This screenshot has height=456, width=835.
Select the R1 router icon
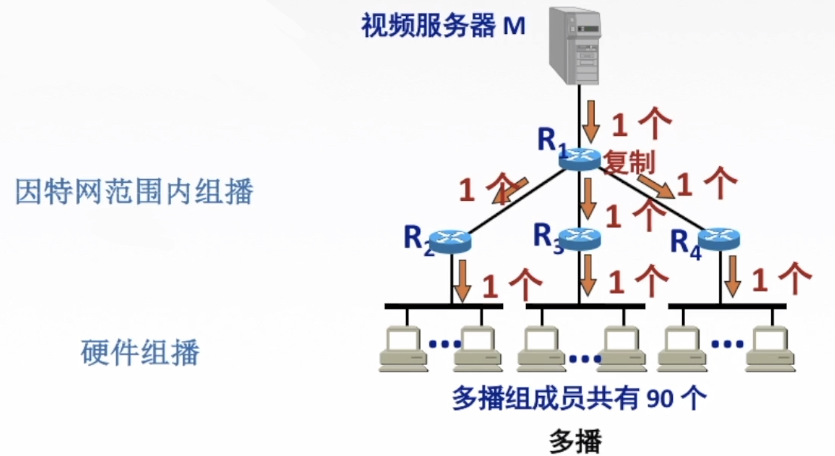point(580,159)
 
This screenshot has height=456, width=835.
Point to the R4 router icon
point(720,238)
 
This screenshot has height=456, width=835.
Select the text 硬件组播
point(140,352)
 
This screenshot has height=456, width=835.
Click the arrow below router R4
point(733,276)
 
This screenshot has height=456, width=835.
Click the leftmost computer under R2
point(404,350)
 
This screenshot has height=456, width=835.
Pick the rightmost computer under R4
point(770,350)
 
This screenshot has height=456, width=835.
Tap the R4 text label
point(686,243)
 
